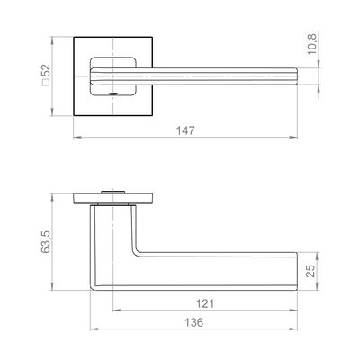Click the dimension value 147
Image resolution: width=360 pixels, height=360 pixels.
point(185,130)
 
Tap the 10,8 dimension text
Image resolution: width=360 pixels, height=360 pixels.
point(312,44)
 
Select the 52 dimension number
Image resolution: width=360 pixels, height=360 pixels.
point(46,71)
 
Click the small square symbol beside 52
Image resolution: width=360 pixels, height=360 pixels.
point(46,83)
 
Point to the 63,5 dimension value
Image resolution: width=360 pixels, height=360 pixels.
point(46,242)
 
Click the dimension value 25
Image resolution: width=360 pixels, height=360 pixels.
point(311,271)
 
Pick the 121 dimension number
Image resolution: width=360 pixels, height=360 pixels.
point(205,303)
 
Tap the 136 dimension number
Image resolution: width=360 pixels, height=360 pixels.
point(193,322)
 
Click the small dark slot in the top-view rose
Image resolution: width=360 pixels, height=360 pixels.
point(112,94)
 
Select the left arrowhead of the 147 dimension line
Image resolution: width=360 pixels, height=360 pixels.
point(77,138)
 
